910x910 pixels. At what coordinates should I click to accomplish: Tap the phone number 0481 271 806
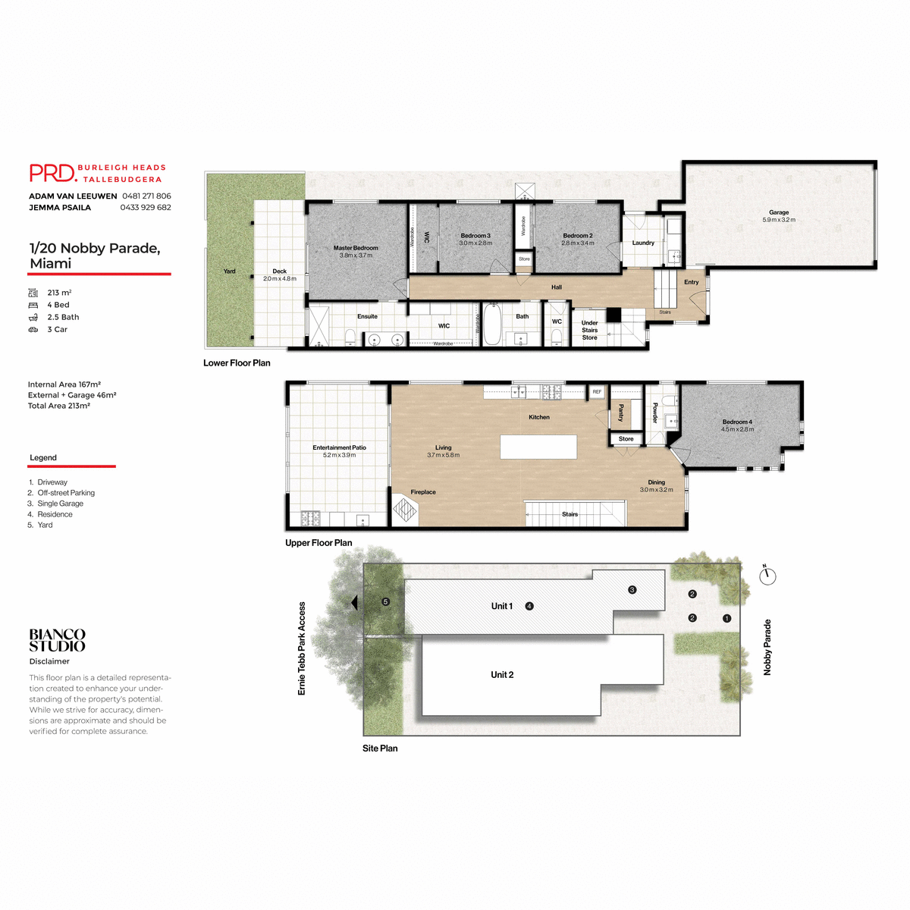tap(146, 196)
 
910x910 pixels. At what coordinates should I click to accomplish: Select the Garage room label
tap(779, 212)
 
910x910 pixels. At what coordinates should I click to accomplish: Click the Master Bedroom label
tap(356, 248)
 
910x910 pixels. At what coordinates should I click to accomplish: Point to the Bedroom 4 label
tap(737, 422)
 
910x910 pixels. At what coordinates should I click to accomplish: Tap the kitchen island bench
tap(538, 447)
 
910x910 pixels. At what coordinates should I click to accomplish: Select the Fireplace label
tap(423, 492)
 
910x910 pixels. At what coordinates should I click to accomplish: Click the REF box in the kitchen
tap(597, 392)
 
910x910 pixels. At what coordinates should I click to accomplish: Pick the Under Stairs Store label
tap(589, 330)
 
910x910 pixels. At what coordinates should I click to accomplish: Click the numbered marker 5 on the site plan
tap(385, 602)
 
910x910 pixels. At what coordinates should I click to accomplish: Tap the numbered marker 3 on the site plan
tap(632, 590)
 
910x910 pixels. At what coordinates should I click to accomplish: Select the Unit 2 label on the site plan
tap(502, 674)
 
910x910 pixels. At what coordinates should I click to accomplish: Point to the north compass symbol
tap(767, 576)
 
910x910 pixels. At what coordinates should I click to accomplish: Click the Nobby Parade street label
tap(767, 647)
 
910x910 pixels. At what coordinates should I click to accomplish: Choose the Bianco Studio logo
tap(57, 640)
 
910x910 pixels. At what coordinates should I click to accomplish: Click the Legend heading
tap(43, 457)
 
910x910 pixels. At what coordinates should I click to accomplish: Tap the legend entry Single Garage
tap(60, 504)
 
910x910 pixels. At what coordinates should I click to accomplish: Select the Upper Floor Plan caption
tap(318, 543)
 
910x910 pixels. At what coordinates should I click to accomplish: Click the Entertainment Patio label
tap(339, 447)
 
